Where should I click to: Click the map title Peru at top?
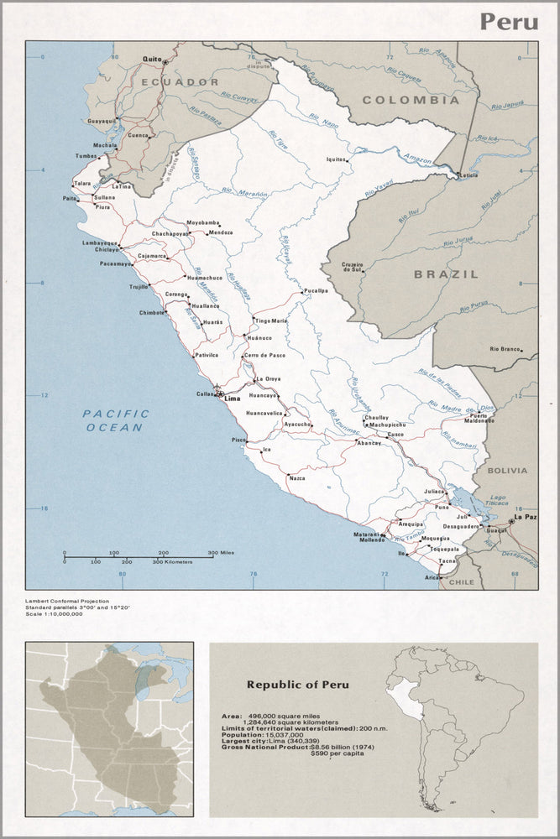point(509,21)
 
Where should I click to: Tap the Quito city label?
point(151,59)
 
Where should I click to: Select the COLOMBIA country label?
point(411,100)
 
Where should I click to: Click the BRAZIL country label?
point(446,274)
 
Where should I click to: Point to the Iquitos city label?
point(336,159)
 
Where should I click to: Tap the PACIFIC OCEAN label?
point(116,420)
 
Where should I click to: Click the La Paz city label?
point(525,518)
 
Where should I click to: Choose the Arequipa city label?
point(411,524)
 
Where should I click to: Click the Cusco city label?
point(395,435)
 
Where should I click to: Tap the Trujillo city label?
point(138,287)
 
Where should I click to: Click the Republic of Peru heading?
point(297,685)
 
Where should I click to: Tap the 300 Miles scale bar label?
point(221,553)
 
